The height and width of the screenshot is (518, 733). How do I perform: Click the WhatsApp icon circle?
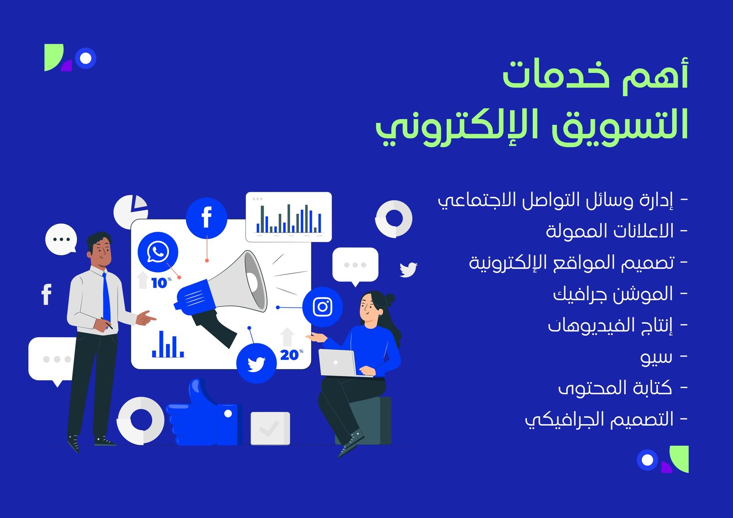[x=158, y=251]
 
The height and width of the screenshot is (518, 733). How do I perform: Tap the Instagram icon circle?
[x=323, y=306]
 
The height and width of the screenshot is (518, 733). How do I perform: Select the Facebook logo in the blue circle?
[x=207, y=218]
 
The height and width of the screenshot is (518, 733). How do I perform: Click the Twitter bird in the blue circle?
[x=256, y=364]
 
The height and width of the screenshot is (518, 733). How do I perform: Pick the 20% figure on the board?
[x=291, y=354]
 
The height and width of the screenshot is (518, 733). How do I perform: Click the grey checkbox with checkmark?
[x=270, y=428]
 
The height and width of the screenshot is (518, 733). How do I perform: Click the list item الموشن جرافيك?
[x=613, y=294]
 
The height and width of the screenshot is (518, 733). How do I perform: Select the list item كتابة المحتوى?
[x=615, y=388]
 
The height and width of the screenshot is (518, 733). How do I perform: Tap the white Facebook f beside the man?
[x=46, y=294]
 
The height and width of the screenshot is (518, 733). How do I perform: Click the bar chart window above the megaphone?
[x=289, y=217]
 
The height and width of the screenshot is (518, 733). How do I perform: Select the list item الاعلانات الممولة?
[x=610, y=231]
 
